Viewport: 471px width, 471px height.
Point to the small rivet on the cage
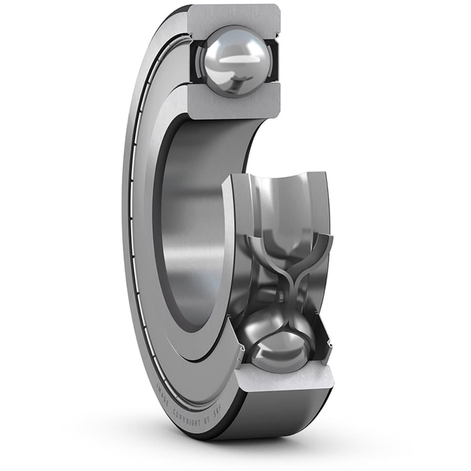click(x=280, y=296)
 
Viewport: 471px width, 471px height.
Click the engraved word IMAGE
click(x=162, y=394)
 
